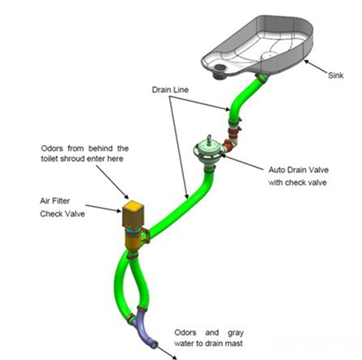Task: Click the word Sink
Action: (x=336, y=75)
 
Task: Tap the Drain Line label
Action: (x=170, y=90)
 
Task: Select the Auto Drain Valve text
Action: (x=299, y=170)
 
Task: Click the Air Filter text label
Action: (x=55, y=201)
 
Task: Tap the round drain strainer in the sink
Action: (x=219, y=70)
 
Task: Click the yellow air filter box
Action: (x=133, y=214)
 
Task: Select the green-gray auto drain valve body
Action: (x=208, y=153)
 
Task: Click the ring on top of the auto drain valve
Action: (x=209, y=138)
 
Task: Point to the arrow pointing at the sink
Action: (x=316, y=67)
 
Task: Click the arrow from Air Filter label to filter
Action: (x=103, y=209)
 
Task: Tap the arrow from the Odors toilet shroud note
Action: (x=112, y=182)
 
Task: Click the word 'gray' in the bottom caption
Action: (x=235, y=333)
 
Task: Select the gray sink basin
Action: (x=257, y=46)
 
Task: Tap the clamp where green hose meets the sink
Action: (x=262, y=78)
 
